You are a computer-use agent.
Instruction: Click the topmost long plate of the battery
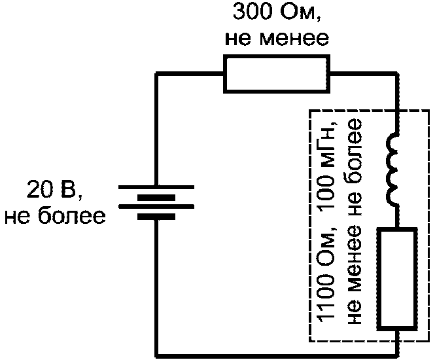point(156,187)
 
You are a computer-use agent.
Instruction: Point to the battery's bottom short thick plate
point(156,217)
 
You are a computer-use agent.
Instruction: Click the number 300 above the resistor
point(252,12)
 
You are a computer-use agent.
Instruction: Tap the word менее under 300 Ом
point(294,39)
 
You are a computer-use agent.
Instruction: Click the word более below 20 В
point(71,215)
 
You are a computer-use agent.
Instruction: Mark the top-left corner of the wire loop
point(157,73)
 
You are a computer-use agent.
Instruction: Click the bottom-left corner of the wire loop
point(157,356)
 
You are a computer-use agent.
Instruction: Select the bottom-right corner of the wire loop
point(398,356)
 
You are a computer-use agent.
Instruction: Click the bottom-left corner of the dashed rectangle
point(309,341)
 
